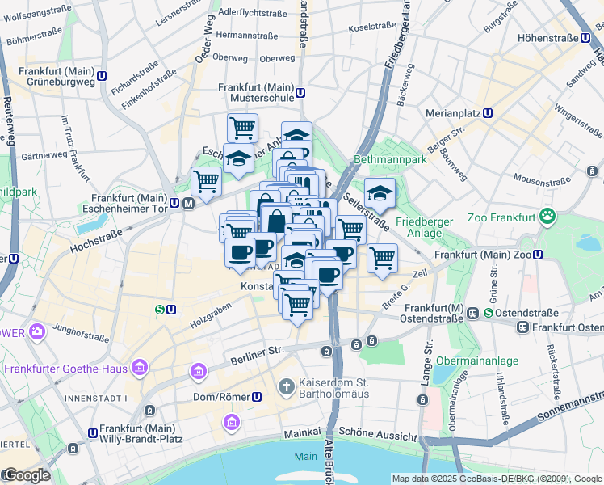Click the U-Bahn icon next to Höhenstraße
click(x=585, y=37)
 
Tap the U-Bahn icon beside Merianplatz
click(x=488, y=113)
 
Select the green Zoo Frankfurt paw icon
click(x=549, y=216)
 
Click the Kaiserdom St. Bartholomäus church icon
click(x=285, y=387)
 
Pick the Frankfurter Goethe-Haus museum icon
click(x=140, y=369)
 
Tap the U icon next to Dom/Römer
click(x=257, y=397)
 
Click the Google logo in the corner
click(x=26, y=475)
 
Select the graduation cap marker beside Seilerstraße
click(x=379, y=192)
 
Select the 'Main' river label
click(x=305, y=457)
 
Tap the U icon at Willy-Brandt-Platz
click(x=93, y=433)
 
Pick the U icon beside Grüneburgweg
click(x=102, y=76)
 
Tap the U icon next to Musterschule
click(x=300, y=92)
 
